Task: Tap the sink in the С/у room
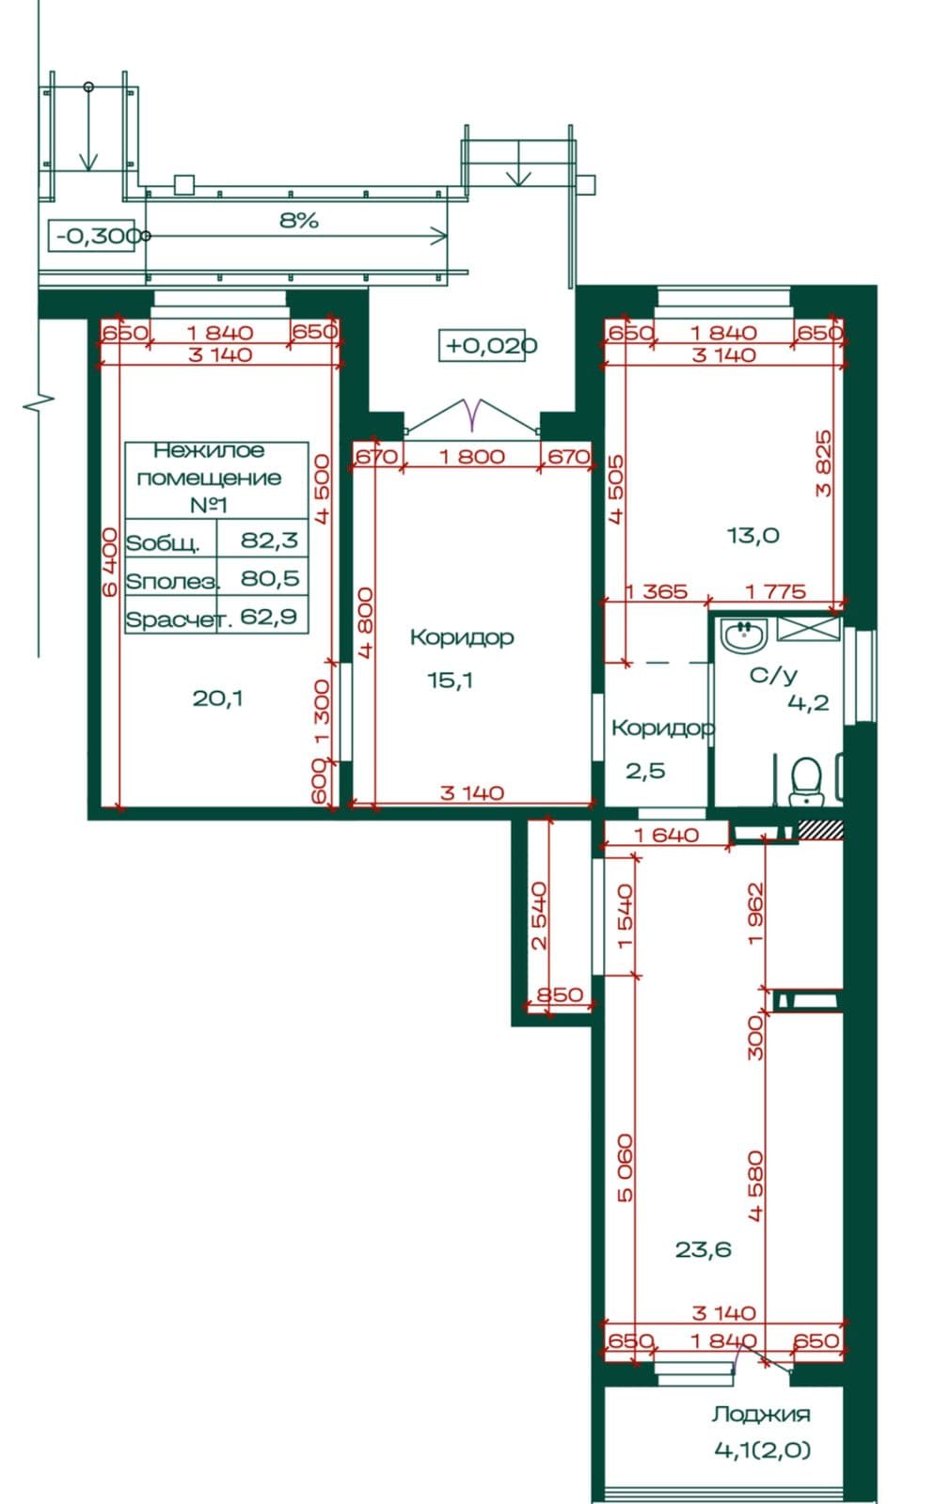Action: (743, 634)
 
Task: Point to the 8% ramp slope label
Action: (299, 220)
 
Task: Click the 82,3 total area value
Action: (269, 540)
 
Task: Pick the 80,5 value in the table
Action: (270, 577)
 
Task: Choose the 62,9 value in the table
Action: (269, 616)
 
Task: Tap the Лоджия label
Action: (761, 1414)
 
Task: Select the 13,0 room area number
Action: (753, 535)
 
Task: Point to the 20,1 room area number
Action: (217, 698)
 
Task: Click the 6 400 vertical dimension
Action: (109, 561)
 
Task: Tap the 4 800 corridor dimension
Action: (365, 622)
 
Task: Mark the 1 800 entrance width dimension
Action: (471, 457)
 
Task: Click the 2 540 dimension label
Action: (539, 916)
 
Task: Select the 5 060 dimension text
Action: (625, 1167)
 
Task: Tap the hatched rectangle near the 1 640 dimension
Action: (820, 830)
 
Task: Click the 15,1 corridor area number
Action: (450, 681)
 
